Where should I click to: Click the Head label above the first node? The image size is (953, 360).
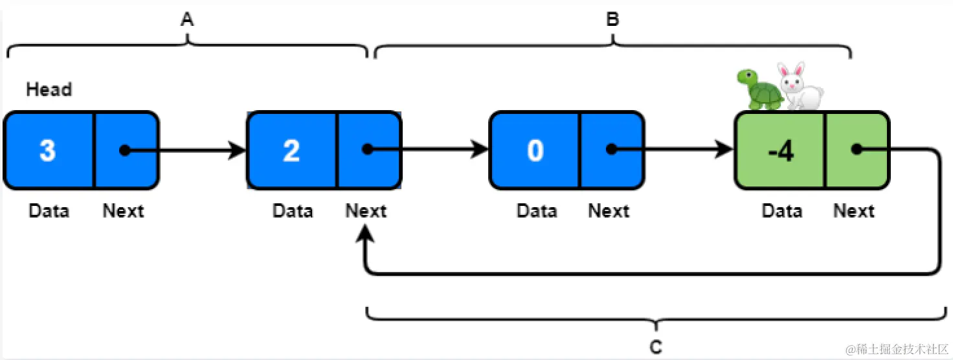pyautogui.click(x=49, y=89)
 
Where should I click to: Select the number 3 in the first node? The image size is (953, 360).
pyautogui.click(x=48, y=150)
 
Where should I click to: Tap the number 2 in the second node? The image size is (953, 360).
pyautogui.click(x=291, y=150)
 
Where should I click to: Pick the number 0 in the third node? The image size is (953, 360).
pyautogui.click(x=535, y=150)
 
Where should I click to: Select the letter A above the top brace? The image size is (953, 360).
pyautogui.click(x=187, y=20)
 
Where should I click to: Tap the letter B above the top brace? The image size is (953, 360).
pyautogui.click(x=612, y=20)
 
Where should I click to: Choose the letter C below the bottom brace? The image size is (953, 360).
pyautogui.click(x=656, y=348)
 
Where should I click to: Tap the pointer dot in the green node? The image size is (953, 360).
pyautogui.click(x=856, y=150)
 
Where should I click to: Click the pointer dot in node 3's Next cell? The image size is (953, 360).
pyautogui.click(x=124, y=150)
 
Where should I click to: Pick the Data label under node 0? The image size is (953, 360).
pyautogui.click(x=537, y=211)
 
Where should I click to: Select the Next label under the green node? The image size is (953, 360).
pyautogui.click(x=853, y=211)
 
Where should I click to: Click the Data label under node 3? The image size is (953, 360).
pyautogui.click(x=49, y=211)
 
